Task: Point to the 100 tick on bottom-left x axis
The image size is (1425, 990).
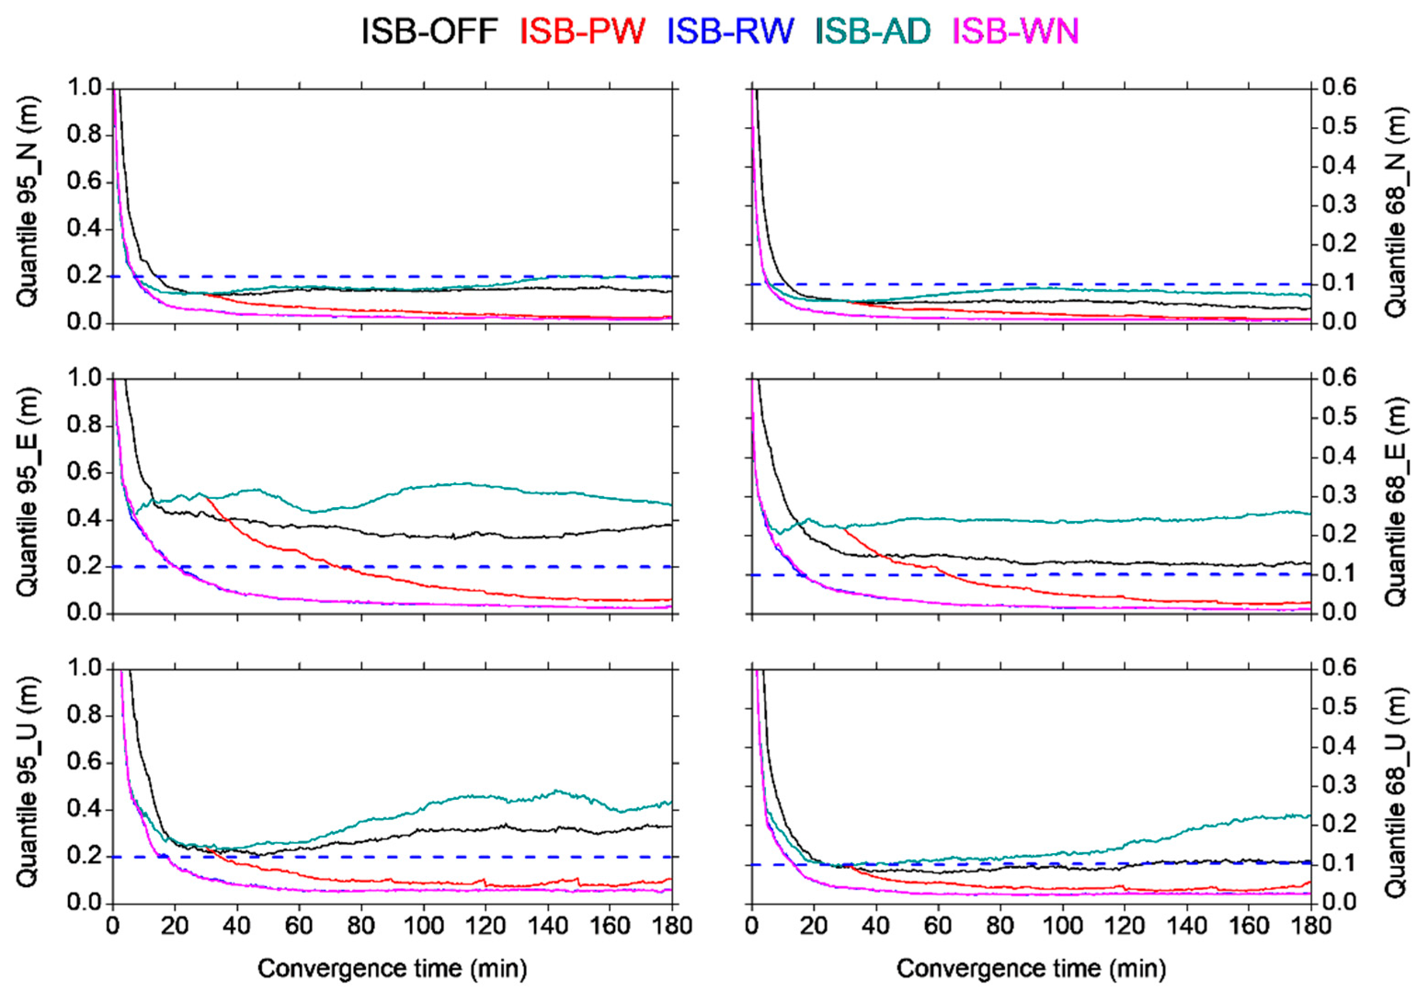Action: tap(423, 926)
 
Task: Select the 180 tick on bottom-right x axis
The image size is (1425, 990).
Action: tap(1310, 926)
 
